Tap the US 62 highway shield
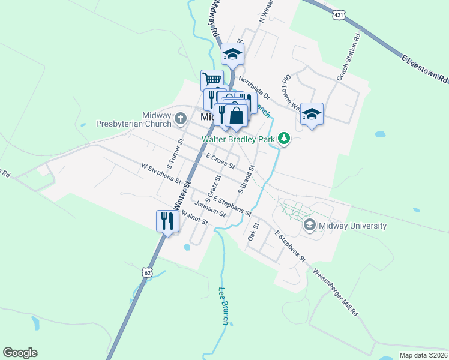pos(148,272)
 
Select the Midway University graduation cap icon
pos(310,226)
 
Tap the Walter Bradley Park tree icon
pos(284,139)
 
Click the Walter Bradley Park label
pos(238,139)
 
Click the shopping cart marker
pos(212,79)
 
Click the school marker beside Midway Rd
pos(232,55)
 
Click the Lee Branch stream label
pos(224,307)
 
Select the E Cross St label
pos(220,160)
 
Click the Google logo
pos(20,353)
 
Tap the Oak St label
pos(253,232)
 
